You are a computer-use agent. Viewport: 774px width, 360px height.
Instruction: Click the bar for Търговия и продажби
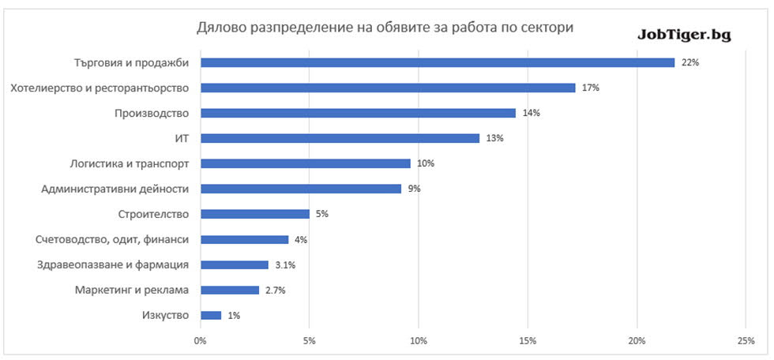pos(437,62)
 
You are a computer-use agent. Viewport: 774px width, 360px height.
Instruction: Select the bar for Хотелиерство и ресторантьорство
pos(387,88)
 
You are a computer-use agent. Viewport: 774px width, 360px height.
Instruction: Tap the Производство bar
pos(358,113)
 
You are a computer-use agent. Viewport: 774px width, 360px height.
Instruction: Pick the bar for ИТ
pos(340,138)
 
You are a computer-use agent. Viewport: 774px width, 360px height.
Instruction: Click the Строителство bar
pos(254,214)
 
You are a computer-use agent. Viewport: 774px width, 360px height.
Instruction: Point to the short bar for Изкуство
pos(211,315)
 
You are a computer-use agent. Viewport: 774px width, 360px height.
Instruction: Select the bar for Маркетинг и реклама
pos(229,290)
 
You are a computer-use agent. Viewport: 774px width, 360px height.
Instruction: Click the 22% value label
pos(690,62)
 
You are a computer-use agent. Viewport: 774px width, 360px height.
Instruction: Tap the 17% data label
pos(590,88)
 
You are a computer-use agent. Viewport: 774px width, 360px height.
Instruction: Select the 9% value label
pos(414,189)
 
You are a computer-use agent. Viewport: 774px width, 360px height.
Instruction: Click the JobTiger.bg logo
pos(684,35)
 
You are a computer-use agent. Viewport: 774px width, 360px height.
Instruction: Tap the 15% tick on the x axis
pos(528,340)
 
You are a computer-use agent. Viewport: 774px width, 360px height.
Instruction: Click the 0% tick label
pos(200,340)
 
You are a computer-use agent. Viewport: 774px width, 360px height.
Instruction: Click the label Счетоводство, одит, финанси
pos(106,239)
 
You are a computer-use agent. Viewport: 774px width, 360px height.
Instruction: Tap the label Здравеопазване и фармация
pos(110,264)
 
